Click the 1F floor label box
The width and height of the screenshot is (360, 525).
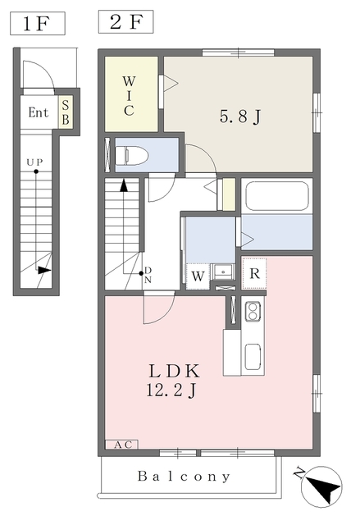click(38, 24)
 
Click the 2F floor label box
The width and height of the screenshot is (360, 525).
click(125, 22)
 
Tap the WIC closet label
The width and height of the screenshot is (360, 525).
click(129, 96)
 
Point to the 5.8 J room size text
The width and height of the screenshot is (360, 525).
click(240, 116)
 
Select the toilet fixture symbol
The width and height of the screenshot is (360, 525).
click(131, 155)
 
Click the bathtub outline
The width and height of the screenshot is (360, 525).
click(276, 197)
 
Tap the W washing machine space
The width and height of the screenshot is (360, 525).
click(198, 277)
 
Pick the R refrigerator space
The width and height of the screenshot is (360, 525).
click(254, 273)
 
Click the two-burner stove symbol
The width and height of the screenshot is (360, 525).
click(253, 311)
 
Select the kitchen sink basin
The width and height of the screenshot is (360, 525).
click(253, 357)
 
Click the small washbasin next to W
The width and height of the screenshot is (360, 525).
click(222, 272)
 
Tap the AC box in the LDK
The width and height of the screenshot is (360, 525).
click(121, 445)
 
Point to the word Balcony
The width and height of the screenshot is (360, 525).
click(184, 476)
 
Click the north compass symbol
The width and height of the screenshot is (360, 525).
click(321, 486)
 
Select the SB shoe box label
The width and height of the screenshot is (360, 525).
click(66, 112)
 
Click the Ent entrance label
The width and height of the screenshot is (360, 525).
click(39, 112)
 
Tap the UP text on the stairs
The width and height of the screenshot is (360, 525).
click(34, 162)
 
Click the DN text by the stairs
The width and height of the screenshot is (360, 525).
click(148, 276)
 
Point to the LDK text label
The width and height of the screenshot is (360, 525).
click(174, 371)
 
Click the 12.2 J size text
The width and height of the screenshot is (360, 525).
click(171, 390)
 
